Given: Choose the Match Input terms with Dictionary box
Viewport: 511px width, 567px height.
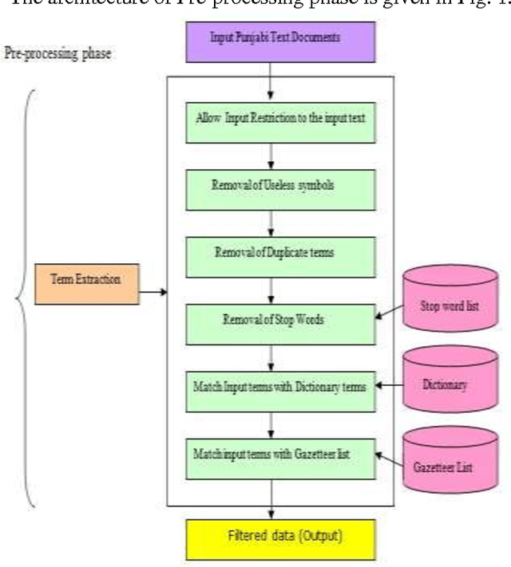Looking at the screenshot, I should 280,388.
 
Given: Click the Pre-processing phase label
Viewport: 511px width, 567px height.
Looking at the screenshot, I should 57,56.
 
